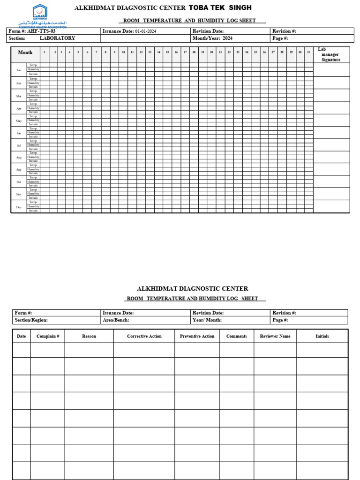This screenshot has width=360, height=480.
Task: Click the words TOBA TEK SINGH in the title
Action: (x=220, y=7)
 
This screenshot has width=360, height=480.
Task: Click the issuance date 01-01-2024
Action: (x=146, y=31)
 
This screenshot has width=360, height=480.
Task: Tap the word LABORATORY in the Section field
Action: (x=57, y=38)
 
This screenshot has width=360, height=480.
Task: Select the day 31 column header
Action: (x=308, y=52)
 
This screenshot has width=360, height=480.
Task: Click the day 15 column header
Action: (x=167, y=52)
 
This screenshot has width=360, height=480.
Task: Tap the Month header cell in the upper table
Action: (x=25, y=52)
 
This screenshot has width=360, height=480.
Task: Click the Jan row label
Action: (x=19, y=70)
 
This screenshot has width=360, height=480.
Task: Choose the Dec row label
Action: (x=19, y=207)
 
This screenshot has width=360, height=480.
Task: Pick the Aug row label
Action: (x=19, y=157)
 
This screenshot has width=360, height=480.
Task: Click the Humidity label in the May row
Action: (x=33, y=120)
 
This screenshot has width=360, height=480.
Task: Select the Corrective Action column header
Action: (x=144, y=336)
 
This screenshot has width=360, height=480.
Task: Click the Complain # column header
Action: (x=47, y=336)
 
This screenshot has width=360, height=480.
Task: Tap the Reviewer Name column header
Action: (x=275, y=336)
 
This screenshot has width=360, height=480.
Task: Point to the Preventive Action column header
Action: (x=197, y=336)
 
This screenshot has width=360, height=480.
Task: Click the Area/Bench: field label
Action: (x=116, y=320)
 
